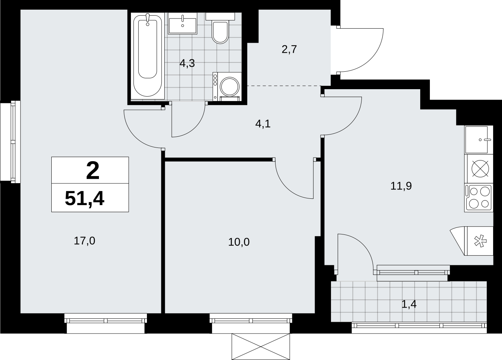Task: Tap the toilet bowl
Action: click(220, 32)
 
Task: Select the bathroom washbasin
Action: click(183, 23)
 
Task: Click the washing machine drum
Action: click(229, 86)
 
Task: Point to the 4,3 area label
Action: click(187, 64)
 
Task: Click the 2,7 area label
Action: click(289, 49)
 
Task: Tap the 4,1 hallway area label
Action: click(263, 124)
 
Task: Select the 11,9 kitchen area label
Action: click(401, 186)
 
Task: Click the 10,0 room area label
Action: click(239, 242)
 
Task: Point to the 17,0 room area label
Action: click(84, 241)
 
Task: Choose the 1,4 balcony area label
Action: click(409, 305)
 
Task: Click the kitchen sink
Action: click(479, 140)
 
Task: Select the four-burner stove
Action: click(479, 198)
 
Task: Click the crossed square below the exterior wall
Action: click(261, 347)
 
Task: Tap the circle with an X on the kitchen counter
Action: click(480, 169)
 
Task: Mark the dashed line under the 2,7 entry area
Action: click(284, 86)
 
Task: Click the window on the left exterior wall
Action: click(10, 142)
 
